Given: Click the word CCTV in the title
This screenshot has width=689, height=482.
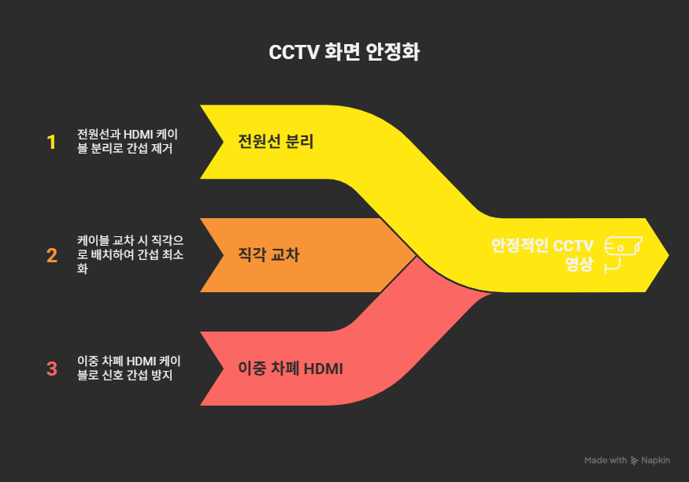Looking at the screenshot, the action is pyautogui.click(x=293, y=54).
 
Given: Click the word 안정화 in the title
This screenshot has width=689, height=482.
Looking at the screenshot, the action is pyautogui.click(x=393, y=54).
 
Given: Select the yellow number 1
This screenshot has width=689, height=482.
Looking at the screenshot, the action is pyautogui.click(x=52, y=143).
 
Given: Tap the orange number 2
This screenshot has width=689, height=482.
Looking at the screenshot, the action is pyautogui.click(x=52, y=255).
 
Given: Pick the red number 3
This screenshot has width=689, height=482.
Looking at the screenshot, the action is pyautogui.click(x=52, y=369).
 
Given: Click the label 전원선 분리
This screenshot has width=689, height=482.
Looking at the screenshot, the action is pyautogui.click(x=276, y=143).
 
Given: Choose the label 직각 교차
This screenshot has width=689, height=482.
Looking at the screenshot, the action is pyautogui.click(x=269, y=255).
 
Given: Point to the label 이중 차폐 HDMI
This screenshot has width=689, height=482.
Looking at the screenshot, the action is pyautogui.click(x=291, y=369).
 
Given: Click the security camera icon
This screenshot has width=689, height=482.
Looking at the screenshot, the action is pyautogui.click(x=622, y=254).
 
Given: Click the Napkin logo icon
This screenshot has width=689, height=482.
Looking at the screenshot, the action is pyautogui.click(x=635, y=460).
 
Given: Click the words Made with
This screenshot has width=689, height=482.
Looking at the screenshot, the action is pyautogui.click(x=606, y=460).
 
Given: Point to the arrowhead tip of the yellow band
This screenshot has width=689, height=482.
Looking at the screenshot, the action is pyautogui.click(x=668, y=254).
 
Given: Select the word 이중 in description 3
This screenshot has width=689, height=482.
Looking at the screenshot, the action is pyautogui.click(x=87, y=361).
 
